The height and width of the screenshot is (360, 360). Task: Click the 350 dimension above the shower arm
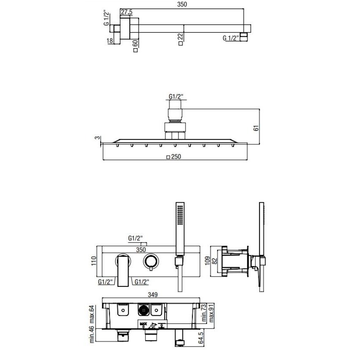click(x=182, y=4)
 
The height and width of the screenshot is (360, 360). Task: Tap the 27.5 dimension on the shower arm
click(x=127, y=12)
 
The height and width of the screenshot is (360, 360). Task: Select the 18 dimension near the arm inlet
click(x=110, y=41)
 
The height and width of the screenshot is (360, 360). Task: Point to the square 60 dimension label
click(x=135, y=46)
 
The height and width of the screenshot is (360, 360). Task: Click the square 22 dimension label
click(x=181, y=39)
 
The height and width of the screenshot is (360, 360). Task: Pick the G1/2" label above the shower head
click(x=176, y=97)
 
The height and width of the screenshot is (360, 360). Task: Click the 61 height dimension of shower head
click(x=256, y=128)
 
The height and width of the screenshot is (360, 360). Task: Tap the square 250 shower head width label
click(x=173, y=157)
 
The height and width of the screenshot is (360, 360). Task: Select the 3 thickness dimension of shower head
click(x=97, y=138)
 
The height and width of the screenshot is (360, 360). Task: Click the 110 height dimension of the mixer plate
click(x=94, y=261)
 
